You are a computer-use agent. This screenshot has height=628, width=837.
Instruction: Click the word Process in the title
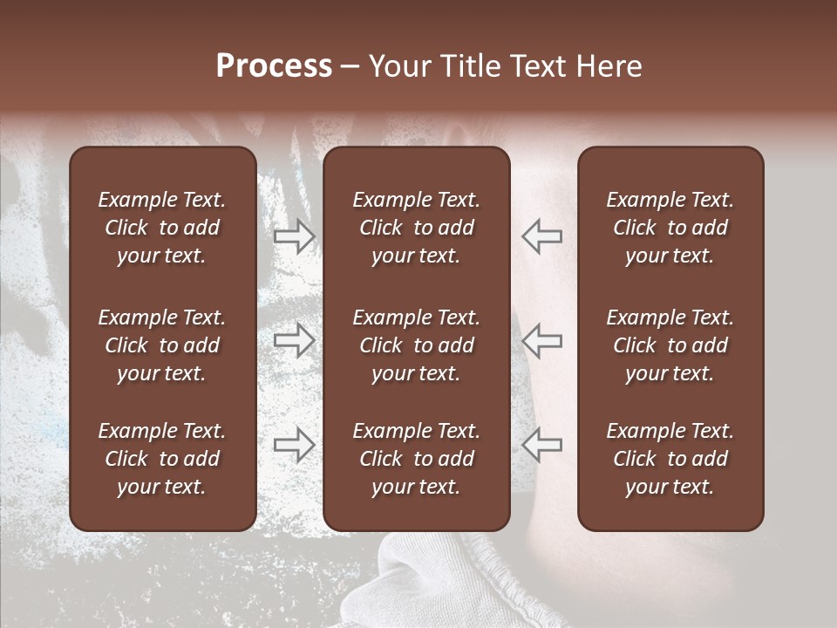(274, 66)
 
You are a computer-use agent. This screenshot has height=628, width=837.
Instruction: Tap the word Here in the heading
(609, 66)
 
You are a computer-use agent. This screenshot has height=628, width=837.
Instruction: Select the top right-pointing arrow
(295, 236)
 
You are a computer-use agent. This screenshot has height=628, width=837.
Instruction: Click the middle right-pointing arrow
(295, 340)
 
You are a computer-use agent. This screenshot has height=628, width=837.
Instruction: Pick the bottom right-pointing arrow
(295, 445)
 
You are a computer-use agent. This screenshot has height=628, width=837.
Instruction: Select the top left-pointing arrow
(541, 236)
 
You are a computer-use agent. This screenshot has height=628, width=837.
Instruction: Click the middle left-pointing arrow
(541, 340)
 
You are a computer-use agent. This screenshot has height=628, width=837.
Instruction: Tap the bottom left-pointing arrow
(541, 445)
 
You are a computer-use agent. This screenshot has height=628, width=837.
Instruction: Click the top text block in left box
(162, 228)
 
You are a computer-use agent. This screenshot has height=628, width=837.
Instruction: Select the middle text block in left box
(162, 345)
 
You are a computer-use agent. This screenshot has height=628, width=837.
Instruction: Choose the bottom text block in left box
(162, 459)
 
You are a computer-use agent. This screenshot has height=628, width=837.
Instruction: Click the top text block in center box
(416, 228)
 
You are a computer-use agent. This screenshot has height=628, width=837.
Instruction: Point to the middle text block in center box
(416, 345)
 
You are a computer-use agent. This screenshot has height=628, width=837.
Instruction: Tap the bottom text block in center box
(416, 459)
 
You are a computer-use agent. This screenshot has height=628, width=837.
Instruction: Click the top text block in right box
(670, 228)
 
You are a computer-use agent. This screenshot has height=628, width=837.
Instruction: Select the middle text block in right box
(670, 345)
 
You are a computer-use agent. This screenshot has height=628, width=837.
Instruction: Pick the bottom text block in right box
(670, 459)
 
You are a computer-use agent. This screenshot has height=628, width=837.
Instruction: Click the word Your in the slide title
(397, 66)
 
